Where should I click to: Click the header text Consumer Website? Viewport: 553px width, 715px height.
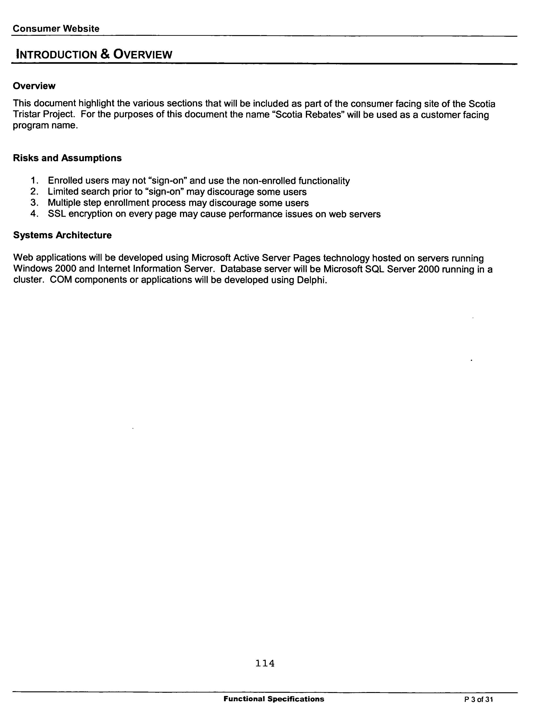[56, 29]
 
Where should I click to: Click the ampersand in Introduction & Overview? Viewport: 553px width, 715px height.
[105, 54]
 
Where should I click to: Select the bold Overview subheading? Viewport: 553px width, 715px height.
[34, 86]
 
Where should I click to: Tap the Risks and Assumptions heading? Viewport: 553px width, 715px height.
[67, 158]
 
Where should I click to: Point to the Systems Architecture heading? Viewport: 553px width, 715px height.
[62, 235]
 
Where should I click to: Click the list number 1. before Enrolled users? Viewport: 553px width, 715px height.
[35, 181]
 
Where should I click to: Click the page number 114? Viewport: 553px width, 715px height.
[265, 663]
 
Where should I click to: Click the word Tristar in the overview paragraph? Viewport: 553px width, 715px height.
[27, 115]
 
